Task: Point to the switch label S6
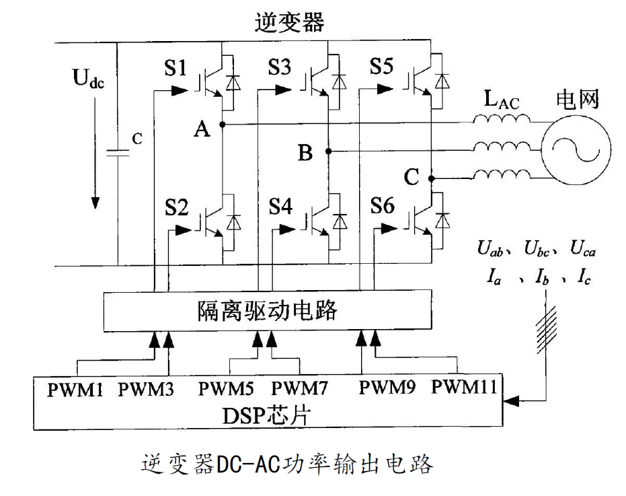[382, 207]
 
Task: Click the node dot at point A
[223, 125]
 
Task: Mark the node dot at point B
[327, 151]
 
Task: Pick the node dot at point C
[432, 178]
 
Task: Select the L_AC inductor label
[502, 102]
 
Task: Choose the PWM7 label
[301, 389]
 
